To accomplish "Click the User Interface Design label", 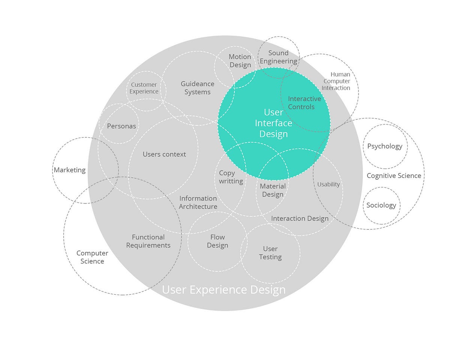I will coord(273,123).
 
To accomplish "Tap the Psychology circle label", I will coord(385,146).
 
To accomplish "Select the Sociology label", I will coord(381,205).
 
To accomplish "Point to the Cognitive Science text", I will coord(394,176).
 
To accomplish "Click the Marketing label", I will coord(70,170).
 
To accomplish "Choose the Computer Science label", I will coord(92,257).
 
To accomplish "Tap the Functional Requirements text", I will coord(148,241).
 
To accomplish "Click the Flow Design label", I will coord(217,241).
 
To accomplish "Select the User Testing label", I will coord(270,253).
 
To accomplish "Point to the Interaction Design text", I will coord(300,218).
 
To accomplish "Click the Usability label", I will coord(328,184).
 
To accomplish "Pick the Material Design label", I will coord(273,190).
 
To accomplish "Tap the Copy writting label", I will coord(231,177).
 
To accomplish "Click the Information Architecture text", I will coord(198,202).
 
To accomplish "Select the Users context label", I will coord(164,154).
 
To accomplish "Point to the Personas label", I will coord(121,126).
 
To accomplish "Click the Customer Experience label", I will coord(144,88).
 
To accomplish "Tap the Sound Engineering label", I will coord(278,57).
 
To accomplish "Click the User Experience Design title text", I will coord(223,290).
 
